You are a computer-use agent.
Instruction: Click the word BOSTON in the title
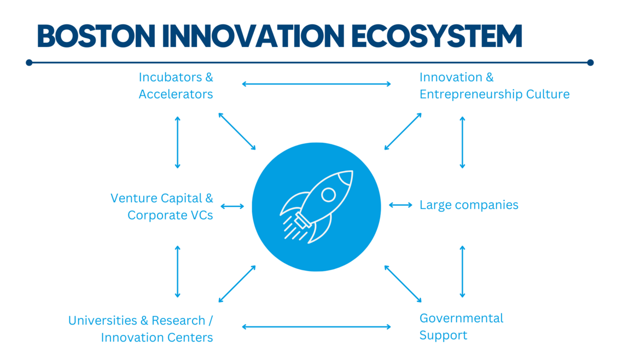point(96,36)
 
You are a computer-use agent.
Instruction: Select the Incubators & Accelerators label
point(176,86)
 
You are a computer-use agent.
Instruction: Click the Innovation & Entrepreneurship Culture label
point(494,86)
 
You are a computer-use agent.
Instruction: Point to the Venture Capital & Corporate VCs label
point(162,206)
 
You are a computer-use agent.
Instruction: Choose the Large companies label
point(469,205)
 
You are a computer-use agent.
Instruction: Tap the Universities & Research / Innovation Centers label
point(141,329)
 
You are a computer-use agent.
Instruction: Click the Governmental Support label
point(461,327)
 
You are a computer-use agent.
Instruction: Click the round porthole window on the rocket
point(329,195)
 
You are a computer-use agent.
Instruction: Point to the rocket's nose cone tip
point(352,171)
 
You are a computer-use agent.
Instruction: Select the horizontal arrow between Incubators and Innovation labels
point(316,84)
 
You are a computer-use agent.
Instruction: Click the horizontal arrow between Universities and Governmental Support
point(316,327)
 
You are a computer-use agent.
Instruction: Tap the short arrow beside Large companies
point(400,205)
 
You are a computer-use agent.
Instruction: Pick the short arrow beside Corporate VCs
point(232,206)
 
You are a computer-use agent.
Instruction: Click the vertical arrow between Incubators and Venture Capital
point(178,142)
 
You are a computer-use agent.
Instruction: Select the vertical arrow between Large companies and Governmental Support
point(462,272)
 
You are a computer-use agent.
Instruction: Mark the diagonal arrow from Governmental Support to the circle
point(403,283)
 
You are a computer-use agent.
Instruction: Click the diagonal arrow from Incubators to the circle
point(237,131)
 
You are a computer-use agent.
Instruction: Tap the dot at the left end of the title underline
point(29,62)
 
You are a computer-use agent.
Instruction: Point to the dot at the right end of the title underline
point(590,62)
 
